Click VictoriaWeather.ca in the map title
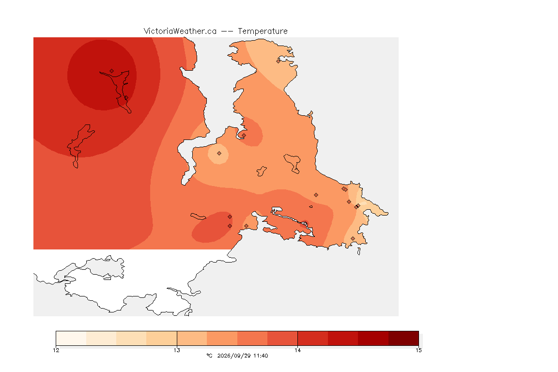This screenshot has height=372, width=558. point(180,31)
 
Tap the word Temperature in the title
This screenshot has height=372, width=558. point(263,31)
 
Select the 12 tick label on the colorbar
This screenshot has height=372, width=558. point(56,350)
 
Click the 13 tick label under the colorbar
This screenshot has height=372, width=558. point(177,350)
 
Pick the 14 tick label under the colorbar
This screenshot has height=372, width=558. point(297,350)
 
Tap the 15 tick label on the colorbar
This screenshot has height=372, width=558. point(418,350)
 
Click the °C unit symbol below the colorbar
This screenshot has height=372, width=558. point(209,356)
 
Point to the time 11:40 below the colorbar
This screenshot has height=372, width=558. point(261,356)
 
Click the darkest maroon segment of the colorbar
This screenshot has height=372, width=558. point(403,338)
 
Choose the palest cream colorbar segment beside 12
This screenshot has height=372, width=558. point(71,338)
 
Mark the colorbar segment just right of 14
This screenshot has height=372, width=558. point(313,338)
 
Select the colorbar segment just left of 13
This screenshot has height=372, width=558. point(162,338)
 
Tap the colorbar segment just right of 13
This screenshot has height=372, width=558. point(192,338)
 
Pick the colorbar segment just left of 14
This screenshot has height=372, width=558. point(282,338)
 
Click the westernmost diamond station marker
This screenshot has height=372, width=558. point(112,71)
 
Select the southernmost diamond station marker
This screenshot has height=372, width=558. point(353,238)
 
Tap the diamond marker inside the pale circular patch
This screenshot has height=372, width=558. point(219,154)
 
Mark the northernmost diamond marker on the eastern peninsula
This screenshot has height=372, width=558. point(279,61)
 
